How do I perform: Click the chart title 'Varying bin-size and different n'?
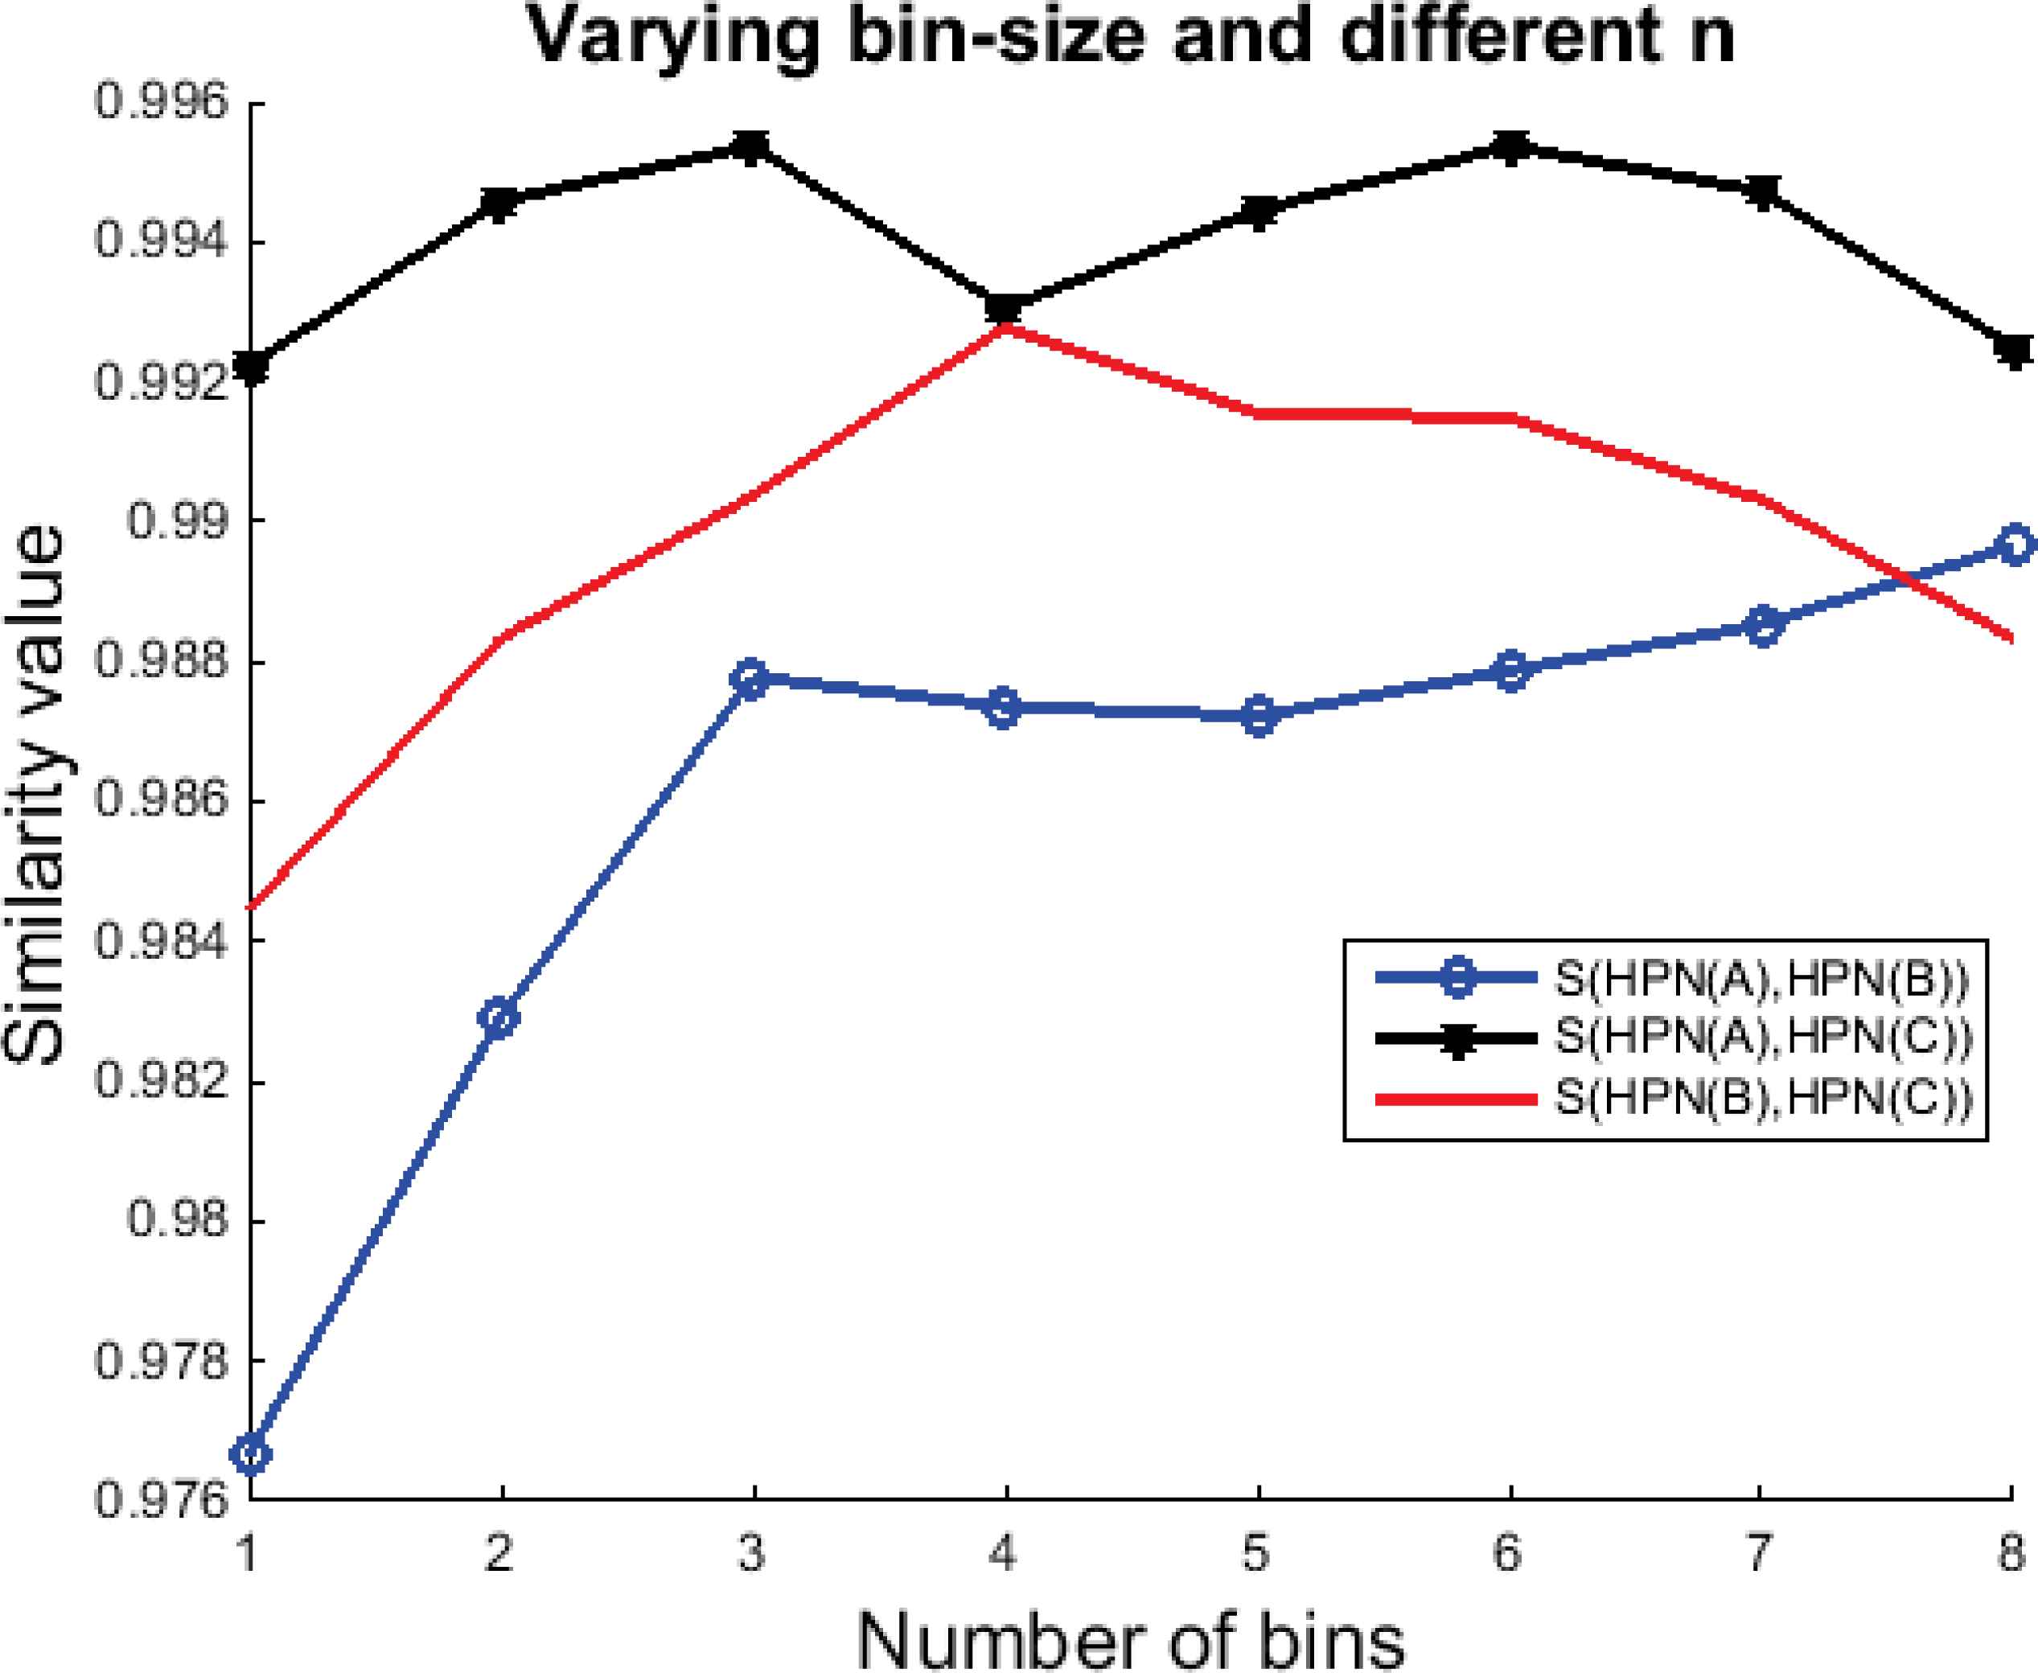pos(1132,39)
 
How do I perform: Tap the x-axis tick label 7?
pos(1760,1553)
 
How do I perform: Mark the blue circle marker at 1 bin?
pos(252,1453)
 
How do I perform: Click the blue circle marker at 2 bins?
pos(501,1017)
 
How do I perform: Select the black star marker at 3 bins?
pos(753,146)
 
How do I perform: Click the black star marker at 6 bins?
pos(1510,146)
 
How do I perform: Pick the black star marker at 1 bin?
pos(252,366)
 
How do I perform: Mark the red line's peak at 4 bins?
pos(1005,327)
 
